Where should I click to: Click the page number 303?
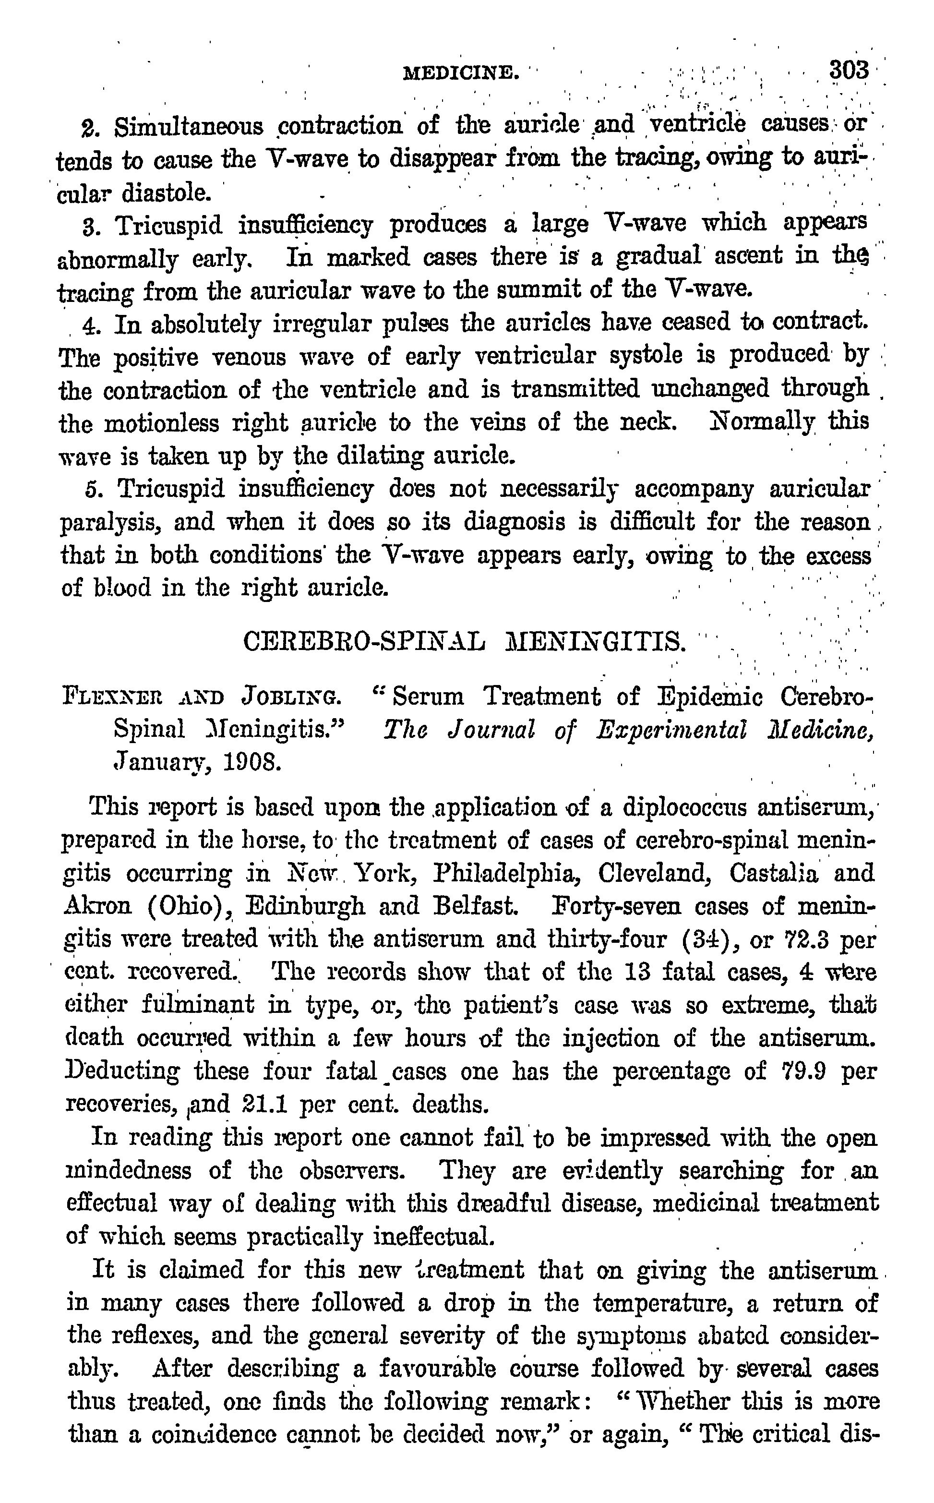point(850,70)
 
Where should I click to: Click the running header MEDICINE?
point(460,73)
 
